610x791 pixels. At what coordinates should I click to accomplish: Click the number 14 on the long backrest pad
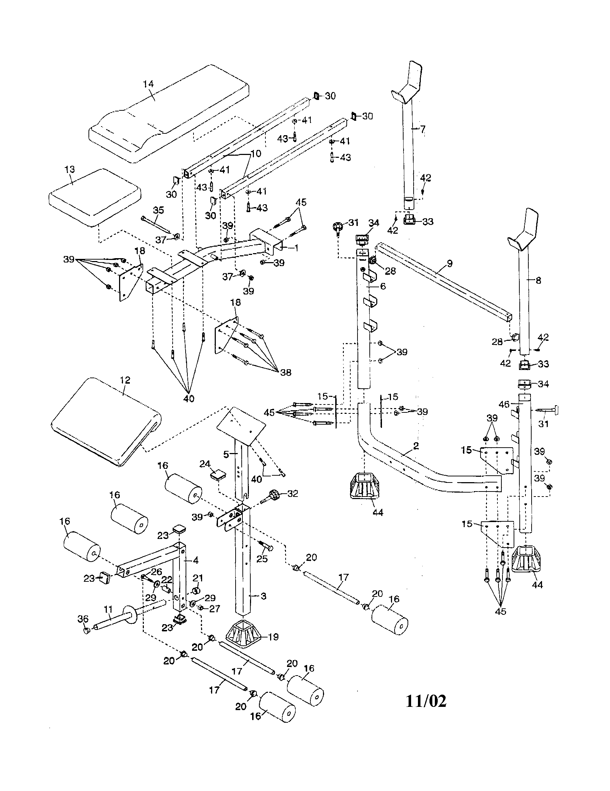148,84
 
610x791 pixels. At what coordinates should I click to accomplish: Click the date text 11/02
425,701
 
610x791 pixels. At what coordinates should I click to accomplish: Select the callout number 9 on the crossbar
450,264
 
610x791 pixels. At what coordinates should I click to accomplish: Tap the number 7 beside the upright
422,129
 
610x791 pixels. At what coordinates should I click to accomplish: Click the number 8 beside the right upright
538,280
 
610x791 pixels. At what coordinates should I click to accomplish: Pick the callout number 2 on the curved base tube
416,446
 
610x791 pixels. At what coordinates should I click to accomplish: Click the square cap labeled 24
217,474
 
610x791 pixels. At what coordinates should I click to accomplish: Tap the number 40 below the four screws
189,399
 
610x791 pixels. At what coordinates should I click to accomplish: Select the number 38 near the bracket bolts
286,372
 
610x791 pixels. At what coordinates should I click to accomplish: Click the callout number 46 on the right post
504,404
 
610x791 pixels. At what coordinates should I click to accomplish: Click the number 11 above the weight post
108,609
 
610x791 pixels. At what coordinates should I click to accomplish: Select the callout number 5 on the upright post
226,454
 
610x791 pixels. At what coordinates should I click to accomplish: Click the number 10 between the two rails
255,154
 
